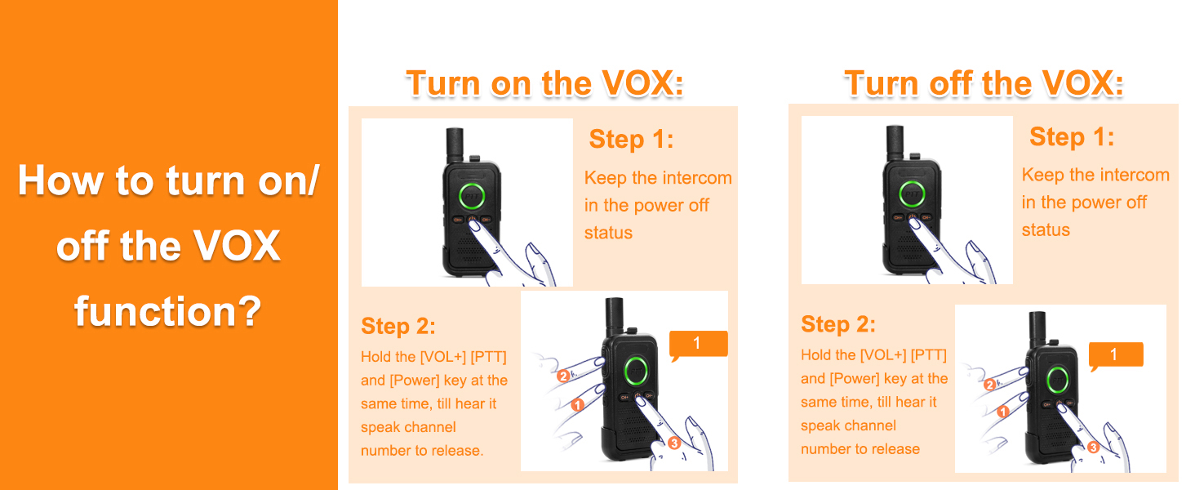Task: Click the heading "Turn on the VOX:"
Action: [x=544, y=84]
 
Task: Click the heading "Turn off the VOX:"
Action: [x=984, y=84]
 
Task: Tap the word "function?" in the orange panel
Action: [x=168, y=311]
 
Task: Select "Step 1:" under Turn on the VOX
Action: [x=631, y=140]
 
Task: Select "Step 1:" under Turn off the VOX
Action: [x=1072, y=136]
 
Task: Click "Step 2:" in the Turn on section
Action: [x=398, y=326]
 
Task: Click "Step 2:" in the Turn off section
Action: [x=838, y=324]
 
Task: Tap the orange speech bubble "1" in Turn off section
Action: [x=1116, y=355]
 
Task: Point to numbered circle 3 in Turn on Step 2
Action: [x=674, y=443]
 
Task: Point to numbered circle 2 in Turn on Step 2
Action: [x=563, y=376]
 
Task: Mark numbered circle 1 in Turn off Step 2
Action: [x=1003, y=412]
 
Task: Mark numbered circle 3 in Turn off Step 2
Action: [x=1093, y=448]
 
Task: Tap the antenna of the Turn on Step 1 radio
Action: [x=455, y=144]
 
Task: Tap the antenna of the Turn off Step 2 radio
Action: [x=1037, y=329]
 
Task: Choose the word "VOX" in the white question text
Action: [x=237, y=246]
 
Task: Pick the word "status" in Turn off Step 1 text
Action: [x=1046, y=230]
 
